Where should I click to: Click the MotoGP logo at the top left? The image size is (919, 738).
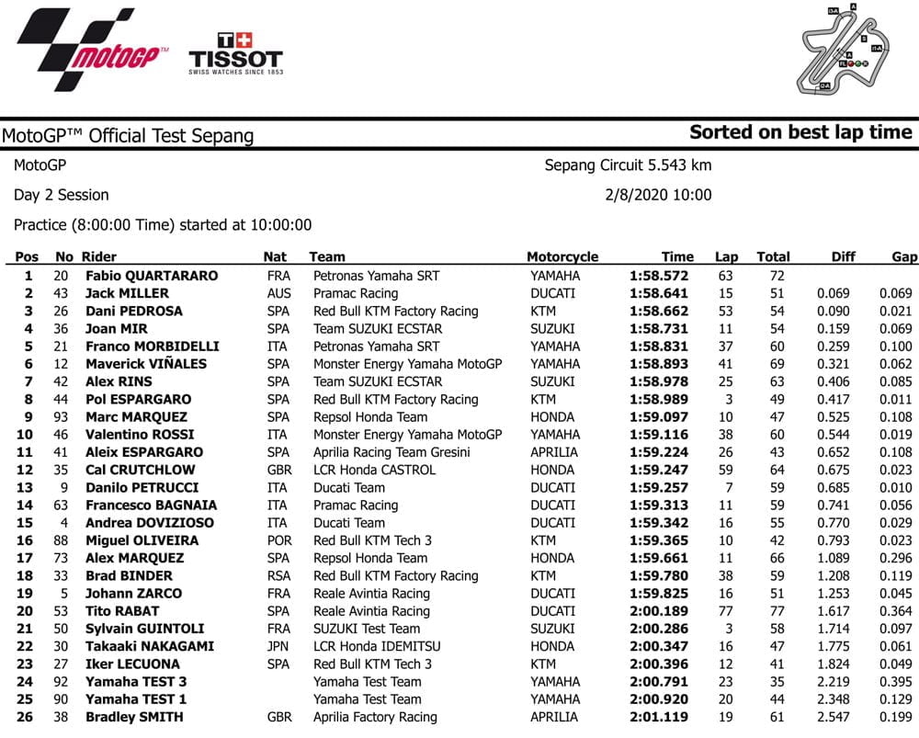[92, 51]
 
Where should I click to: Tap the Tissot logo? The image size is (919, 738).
[235, 53]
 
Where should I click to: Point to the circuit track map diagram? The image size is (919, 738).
[842, 50]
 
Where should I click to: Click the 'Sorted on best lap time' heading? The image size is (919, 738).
[800, 132]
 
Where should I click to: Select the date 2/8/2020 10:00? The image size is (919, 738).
[658, 195]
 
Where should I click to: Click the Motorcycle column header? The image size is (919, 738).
[562, 257]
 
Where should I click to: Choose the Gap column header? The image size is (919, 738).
[904, 257]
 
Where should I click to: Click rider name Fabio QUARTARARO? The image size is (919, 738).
[152, 276]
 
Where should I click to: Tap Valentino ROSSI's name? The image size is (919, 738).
[140, 435]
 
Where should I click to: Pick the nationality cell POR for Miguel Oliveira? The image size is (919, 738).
[278, 540]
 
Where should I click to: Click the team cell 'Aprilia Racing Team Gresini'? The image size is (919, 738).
[391, 452]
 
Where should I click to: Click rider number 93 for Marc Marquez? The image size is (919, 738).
[64, 417]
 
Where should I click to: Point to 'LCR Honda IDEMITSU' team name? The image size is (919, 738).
[380, 646]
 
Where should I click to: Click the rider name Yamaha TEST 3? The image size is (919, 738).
[136, 682]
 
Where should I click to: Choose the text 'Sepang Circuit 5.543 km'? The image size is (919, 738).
[628, 165]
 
